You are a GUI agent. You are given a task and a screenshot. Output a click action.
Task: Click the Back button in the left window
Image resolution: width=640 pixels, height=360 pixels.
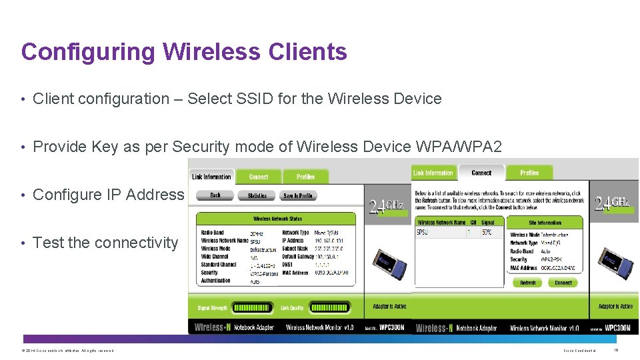point(215,195)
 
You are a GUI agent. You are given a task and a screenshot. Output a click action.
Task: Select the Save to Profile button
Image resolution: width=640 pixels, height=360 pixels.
point(297,195)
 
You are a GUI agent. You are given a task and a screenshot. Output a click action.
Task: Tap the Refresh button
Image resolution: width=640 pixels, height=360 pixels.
point(528,283)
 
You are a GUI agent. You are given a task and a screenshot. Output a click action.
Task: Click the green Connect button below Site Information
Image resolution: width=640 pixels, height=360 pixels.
point(563,283)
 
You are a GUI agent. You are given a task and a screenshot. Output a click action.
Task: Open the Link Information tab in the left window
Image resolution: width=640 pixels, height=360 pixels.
point(211,177)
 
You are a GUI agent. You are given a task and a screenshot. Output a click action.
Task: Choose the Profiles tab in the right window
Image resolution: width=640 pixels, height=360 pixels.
point(529,173)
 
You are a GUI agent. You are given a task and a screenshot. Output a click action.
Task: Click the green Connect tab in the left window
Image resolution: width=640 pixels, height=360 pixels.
point(259,177)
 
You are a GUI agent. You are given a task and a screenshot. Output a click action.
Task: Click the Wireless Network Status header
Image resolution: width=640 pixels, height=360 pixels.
point(277,218)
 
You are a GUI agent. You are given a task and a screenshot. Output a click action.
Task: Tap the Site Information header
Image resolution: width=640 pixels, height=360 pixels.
point(545,223)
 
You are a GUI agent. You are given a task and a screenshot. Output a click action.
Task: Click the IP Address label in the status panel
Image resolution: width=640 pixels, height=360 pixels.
point(293,241)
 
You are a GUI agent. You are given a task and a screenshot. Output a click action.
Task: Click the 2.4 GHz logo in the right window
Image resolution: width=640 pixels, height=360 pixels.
point(612,203)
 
